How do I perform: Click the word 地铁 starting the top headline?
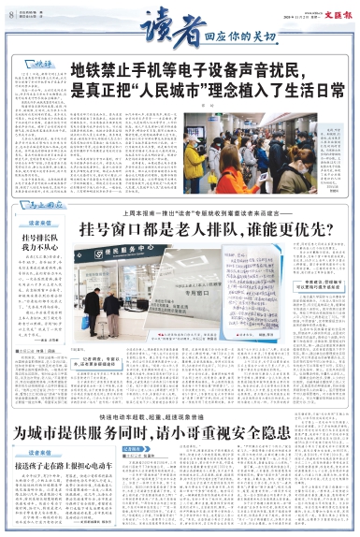point(85,70)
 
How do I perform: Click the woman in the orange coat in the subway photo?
point(231,174)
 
